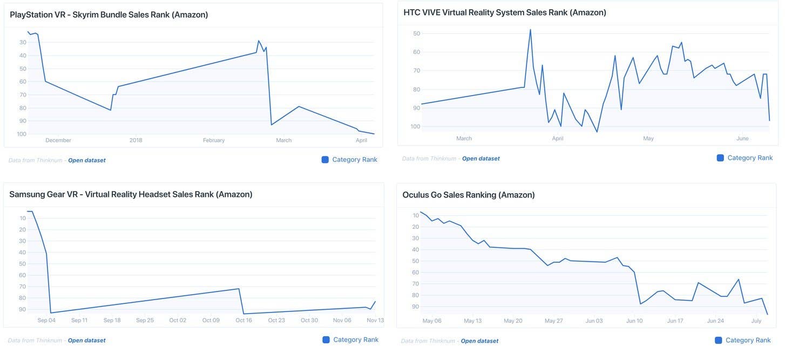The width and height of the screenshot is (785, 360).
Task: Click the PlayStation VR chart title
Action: (x=109, y=15)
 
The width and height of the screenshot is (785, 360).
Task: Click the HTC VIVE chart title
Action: (x=504, y=12)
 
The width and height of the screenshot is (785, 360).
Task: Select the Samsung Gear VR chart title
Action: (x=131, y=194)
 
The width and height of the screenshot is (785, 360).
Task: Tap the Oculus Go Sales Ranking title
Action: (x=468, y=195)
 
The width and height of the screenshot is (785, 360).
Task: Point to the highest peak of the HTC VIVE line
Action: (x=530, y=30)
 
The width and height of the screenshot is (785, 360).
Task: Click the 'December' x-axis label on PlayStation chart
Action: (x=58, y=140)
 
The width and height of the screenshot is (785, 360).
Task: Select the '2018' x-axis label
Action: (x=136, y=140)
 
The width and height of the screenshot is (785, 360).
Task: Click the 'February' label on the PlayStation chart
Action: (x=214, y=140)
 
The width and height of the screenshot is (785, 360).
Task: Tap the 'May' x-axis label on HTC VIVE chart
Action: (x=648, y=139)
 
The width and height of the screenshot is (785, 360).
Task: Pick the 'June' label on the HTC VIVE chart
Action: (x=742, y=139)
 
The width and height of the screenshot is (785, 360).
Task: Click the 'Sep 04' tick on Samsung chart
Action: (x=46, y=320)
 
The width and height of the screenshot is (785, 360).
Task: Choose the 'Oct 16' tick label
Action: (x=243, y=320)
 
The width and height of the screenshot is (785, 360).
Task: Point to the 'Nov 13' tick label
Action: (x=375, y=320)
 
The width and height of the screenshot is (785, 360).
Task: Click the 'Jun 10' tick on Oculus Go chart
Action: (x=634, y=321)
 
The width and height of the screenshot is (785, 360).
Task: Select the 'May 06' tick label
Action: (x=432, y=321)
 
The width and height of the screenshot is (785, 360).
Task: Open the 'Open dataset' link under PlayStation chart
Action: (x=86, y=160)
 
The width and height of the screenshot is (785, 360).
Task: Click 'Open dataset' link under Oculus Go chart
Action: (x=479, y=341)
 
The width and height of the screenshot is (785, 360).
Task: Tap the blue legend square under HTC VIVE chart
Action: (x=720, y=158)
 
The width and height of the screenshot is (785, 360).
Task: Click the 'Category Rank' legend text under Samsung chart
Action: (x=356, y=339)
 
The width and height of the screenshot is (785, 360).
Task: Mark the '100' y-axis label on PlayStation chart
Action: (x=22, y=134)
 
